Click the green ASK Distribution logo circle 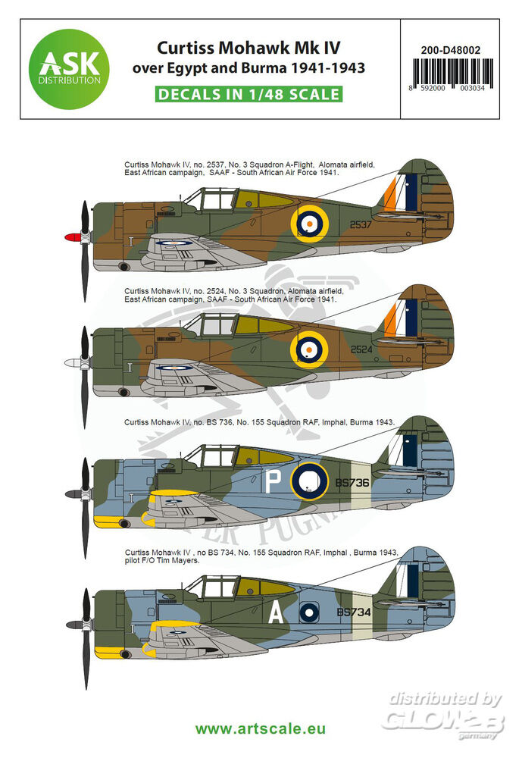click(x=69, y=69)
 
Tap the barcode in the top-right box click(x=452, y=73)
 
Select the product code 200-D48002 click(x=451, y=50)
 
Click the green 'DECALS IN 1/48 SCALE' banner click(x=249, y=94)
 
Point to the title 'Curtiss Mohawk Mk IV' click(x=249, y=48)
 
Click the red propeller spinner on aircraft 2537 click(x=73, y=236)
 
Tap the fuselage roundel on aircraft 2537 click(x=309, y=224)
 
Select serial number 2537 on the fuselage click(x=361, y=225)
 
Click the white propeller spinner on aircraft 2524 click(x=73, y=362)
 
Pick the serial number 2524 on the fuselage click(x=361, y=349)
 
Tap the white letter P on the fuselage click(x=274, y=482)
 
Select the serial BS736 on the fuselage click(x=352, y=482)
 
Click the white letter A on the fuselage click(x=276, y=613)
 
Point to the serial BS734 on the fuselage click(x=354, y=612)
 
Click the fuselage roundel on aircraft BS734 click(x=309, y=612)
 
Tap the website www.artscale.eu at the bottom click(x=261, y=729)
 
